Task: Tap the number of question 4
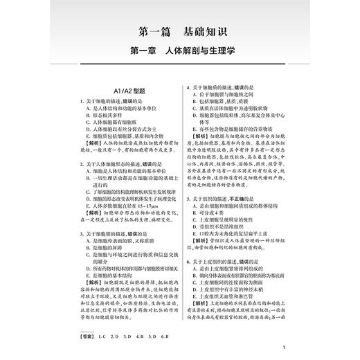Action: click(189, 87)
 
